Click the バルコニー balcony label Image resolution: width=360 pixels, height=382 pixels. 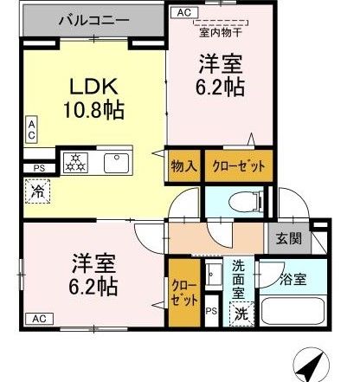pyautogui.click(x=94, y=21)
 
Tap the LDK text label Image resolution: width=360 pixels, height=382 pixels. pyautogui.click(x=94, y=86)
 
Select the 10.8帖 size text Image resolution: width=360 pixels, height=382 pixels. pyautogui.click(x=93, y=110)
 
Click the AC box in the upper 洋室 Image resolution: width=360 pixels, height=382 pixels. pyautogui.click(x=184, y=13)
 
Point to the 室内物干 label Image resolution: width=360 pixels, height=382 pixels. pyautogui.click(x=221, y=33)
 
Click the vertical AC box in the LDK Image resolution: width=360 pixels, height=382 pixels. pyautogui.click(x=31, y=130)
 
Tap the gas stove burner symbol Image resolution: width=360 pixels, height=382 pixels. pyautogui.click(x=75, y=163)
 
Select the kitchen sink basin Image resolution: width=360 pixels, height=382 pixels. pyautogui.click(x=117, y=163)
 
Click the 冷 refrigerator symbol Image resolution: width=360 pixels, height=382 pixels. pyautogui.click(x=37, y=191)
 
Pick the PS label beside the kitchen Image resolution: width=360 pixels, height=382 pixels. pyautogui.click(x=40, y=168)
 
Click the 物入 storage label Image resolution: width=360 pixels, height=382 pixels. pyautogui.click(x=184, y=166)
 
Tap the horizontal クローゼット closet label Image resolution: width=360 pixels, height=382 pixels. pyautogui.click(x=239, y=166)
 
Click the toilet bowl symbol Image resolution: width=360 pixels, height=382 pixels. pyautogui.click(x=246, y=202)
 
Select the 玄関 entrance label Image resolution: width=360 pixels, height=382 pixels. pyautogui.click(x=289, y=239)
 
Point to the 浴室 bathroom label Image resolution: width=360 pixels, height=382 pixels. pyautogui.click(x=293, y=280)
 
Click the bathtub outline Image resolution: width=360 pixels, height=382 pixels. pyautogui.click(x=292, y=311)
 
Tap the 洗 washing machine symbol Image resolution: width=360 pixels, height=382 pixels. pyautogui.click(x=241, y=314)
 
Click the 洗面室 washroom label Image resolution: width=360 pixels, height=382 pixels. pyautogui.click(x=239, y=280)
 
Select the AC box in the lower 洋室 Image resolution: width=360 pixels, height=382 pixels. pyautogui.click(x=40, y=319)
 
